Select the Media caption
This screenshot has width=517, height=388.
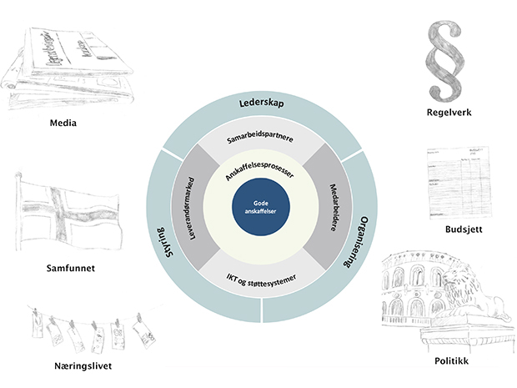click(63, 123)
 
